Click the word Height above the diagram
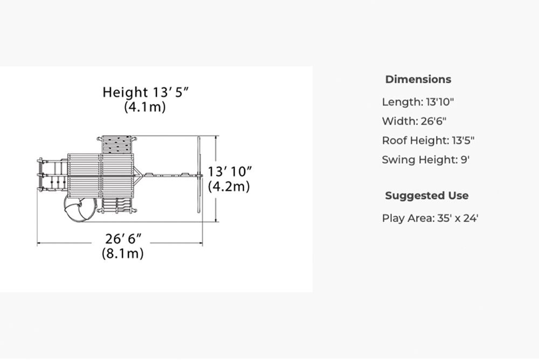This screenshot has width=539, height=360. (x=125, y=92)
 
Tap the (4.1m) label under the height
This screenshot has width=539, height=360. (x=144, y=107)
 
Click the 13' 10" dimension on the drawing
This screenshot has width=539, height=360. (x=230, y=171)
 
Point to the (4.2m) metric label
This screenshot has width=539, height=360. (x=229, y=186)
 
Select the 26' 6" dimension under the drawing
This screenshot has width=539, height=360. (x=123, y=239)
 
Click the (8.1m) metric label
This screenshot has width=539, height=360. (x=123, y=253)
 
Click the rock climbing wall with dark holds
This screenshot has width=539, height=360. (x=117, y=144)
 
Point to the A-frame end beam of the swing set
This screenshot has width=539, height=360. (x=199, y=175)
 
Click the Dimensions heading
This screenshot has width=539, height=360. (x=418, y=79)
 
